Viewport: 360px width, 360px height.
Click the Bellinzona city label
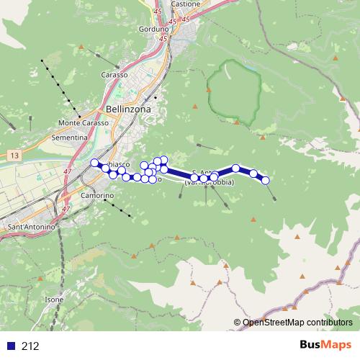(128, 108)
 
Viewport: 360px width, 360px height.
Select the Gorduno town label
(153, 30)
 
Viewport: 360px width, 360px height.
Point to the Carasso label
(114, 75)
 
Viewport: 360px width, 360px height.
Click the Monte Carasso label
(84, 123)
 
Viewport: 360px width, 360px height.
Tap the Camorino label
(98, 196)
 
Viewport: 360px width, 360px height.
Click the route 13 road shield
(14, 154)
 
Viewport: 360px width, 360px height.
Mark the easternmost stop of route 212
(266, 181)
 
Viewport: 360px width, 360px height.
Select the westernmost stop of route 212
(94, 163)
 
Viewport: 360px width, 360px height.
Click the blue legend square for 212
(9, 346)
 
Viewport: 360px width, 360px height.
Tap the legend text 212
(30, 346)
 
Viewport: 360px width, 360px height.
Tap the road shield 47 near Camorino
(66, 209)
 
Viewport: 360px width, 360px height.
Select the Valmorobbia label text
(209, 183)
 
